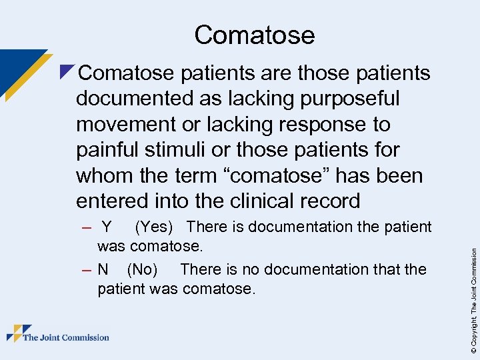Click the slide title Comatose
(x=254, y=35)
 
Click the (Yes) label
(x=155, y=227)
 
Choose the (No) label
(x=142, y=269)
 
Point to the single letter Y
(x=107, y=227)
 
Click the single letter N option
(x=103, y=269)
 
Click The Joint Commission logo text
(x=66, y=337)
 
